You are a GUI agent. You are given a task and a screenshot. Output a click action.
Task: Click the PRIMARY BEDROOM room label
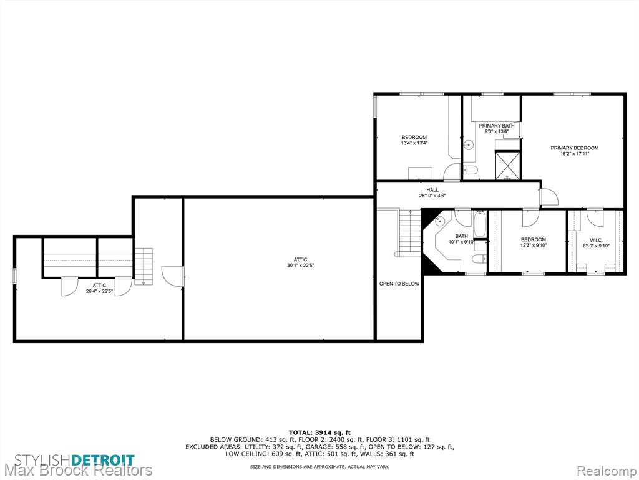(x=575, y=147)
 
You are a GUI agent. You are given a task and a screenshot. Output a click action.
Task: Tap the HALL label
(x=432, y=190)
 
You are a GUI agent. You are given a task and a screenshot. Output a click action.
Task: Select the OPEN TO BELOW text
(x=399, y=284)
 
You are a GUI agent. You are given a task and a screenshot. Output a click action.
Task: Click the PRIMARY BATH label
(x=496, y=126)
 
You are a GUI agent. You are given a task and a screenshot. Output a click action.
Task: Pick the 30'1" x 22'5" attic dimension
(x=300, y=265)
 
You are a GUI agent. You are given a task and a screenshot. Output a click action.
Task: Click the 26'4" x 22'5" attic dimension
(x=99, y=291)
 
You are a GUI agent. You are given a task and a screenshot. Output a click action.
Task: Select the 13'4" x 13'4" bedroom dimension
(x=414, y=143)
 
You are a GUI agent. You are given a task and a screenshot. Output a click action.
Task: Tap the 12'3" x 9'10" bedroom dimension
(x=533, y=245)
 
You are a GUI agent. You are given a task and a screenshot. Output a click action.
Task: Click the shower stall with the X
(x=507, y=165)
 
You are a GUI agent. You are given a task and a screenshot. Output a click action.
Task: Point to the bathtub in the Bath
(x=480, y=224)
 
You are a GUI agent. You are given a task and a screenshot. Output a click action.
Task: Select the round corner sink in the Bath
(x=439, y=222)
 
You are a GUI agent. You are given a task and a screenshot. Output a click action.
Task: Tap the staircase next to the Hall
(x=410, y=232)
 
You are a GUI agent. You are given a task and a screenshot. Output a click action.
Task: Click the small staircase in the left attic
(x=144, y=266)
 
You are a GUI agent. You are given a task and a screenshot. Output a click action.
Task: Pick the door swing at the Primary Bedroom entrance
(x=549, y=196)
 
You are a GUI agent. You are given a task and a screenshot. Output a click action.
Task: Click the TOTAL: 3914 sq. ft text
(x=319, y=432)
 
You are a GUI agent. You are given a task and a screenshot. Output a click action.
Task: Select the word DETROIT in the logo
(x=103, y=460)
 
